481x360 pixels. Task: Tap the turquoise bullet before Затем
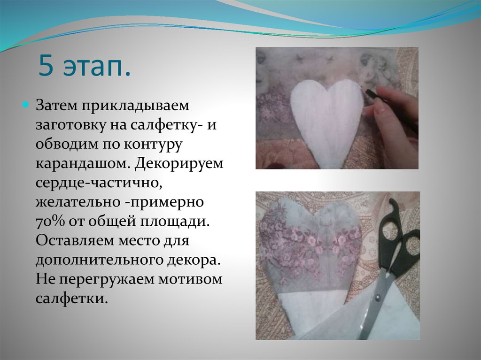(x=26, y=104)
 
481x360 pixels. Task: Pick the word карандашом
(x=82, y=164)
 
